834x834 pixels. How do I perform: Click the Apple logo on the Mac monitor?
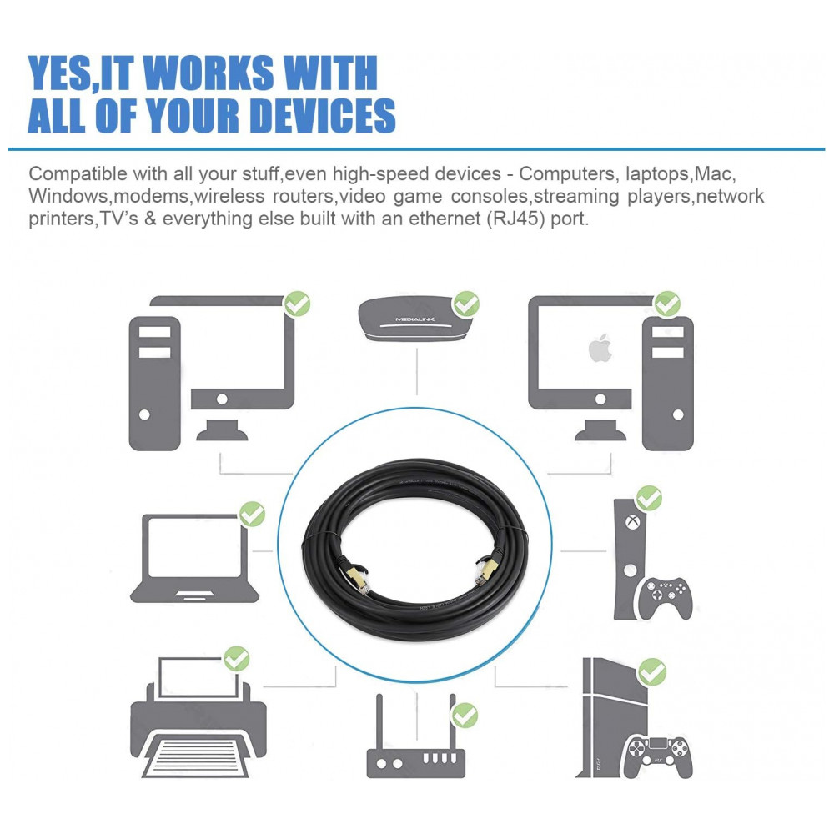tap(600, 349)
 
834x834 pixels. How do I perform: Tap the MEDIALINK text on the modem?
tap(414, 319)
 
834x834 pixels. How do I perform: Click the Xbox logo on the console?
tap(632, 522)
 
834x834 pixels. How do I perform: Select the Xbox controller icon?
tap(665, 598)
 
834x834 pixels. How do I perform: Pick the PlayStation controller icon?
tap(658, 756)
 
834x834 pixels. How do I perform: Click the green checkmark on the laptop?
tap(252, 515)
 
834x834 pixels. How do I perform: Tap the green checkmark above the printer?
tap(237, 659)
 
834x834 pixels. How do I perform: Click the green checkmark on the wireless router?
tap(465, 716)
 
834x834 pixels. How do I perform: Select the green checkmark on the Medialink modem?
tap(466, 304)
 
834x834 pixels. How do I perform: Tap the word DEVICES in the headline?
tap(322, 115)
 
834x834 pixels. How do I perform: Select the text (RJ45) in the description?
tap(516, 219)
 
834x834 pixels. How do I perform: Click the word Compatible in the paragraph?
tap(78, 174)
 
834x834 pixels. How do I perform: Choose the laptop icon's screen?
tap(194, 547)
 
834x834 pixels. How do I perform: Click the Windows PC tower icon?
tap(155, 384)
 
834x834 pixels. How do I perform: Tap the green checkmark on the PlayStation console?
tap(651, 671)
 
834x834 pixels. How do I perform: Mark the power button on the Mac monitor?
tap(600, 399)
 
